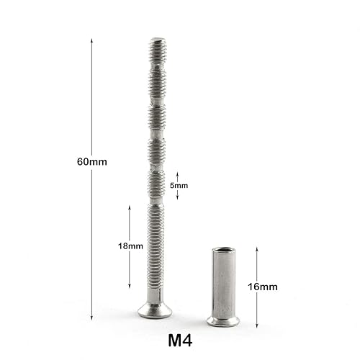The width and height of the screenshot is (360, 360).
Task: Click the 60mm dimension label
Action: (91, 162)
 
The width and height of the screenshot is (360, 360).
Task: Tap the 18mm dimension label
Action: (130, 246)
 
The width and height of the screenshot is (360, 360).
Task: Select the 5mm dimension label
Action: (179, 186)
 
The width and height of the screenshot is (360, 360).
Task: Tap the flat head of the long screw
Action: (156, 311)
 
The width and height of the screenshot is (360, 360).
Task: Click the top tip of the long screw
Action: (158, 40)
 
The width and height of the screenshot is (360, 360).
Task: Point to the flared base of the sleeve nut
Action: (222, 320)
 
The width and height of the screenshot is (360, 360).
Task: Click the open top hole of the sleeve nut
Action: (222, 250)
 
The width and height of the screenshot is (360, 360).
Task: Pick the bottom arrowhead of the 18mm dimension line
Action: (130, 287)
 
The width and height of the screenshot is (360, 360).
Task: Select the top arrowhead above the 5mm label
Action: (178, 174)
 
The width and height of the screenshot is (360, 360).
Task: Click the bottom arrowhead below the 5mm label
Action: (178, 199)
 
